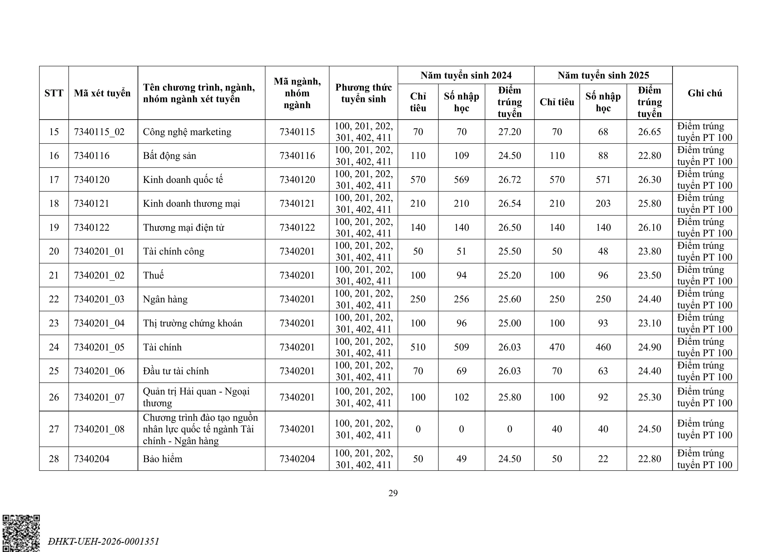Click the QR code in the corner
(x=21, y=533)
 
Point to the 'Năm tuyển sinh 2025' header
(x=603, y=75)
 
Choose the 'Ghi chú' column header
(x=705, y=93)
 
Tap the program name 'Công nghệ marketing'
(x=187, y=132)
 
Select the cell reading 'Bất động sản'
(x=170, y=156)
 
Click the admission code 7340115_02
(x=99, y=132)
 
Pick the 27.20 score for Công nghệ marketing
(x=509, y=132)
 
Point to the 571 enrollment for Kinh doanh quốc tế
(x=603, y=180)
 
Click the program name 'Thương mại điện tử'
(x=183, y=227)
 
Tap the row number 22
(x=54, y=299)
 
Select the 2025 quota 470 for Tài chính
(x=557, y=347)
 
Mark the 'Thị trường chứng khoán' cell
(x=193, y=323)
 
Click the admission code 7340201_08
(x=99, y=429)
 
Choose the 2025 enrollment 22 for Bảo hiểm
(x=603, y=459)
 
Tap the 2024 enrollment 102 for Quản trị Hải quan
(x=461, y=397)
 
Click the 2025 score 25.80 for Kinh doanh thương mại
(x=649, y=203)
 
